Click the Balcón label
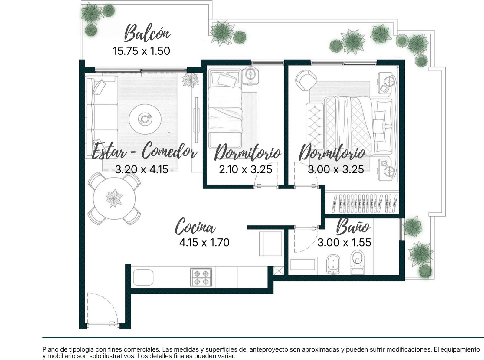(147, 33)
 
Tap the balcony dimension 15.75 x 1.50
(141, 51)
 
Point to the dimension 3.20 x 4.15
(142, 169)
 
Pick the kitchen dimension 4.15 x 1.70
(204, 243)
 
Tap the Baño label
(353, 226)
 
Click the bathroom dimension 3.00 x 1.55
(344, 243)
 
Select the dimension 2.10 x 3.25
(246, 169)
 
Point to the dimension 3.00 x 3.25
(336, 169)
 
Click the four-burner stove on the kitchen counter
(201, 277)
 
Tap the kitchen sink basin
(143, 277)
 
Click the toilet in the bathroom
(357, 262)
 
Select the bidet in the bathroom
(333, 264)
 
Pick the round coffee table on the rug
(145, 119)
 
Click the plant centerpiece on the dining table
(114, 198)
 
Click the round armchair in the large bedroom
(306, 80)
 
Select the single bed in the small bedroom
(225, 109)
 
